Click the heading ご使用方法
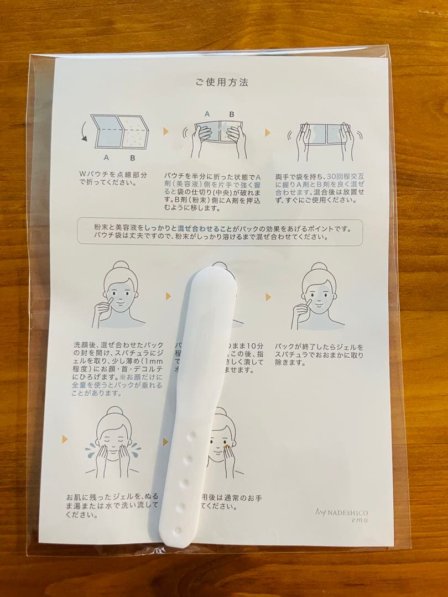click(221, 83)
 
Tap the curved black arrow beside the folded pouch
click(84, 131)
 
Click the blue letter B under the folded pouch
click(133, 158)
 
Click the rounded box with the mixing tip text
click(220, 232)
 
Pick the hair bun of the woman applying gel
click(120, 269)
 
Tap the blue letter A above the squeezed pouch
click(207, 114)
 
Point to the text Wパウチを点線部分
click(113, 174)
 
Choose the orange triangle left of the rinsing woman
click(65, 439)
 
